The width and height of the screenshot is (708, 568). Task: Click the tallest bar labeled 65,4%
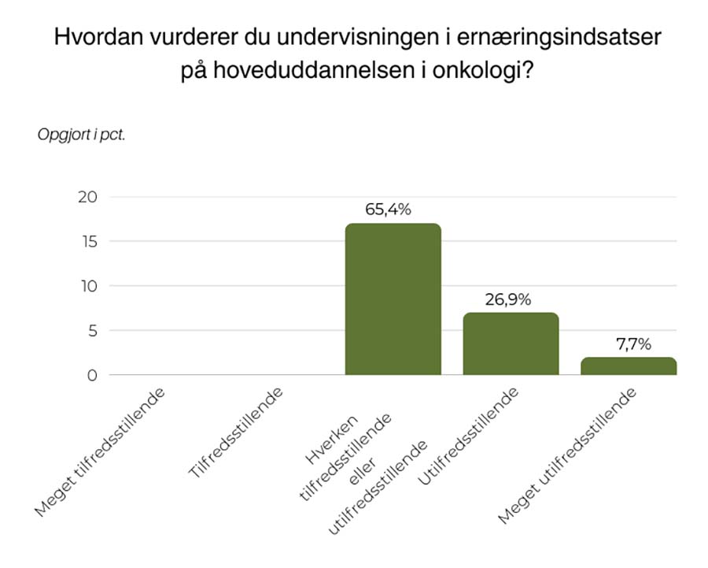click(393, 299)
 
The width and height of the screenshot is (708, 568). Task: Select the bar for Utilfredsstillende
click(511, 344)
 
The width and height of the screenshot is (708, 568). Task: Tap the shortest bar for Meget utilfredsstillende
click(629, 366)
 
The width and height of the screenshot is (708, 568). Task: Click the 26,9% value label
click(509, 299)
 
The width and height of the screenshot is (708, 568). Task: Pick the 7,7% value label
click(629, 343)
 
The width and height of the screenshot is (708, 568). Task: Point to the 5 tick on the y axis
click(92, 331)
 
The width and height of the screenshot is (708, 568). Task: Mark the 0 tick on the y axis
click(92, 375)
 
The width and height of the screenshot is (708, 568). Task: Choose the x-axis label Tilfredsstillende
click(236, 432)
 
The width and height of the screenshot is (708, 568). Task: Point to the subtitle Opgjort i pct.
click(82, 134)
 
